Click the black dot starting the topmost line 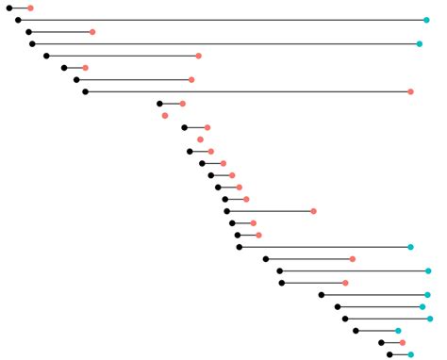pos(9,8)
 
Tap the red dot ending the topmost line pos(30,8)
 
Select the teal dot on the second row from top pos(427,20)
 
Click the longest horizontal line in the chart pos(223,20)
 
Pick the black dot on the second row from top pos(18,20)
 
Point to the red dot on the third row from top pos(92,32)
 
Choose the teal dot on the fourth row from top pos(420,43)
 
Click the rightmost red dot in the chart pos(410,91)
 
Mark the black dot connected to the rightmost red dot pos(85,91)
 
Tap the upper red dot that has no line pos(165,116)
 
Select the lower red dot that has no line pos(200,139)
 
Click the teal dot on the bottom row pos(410,354)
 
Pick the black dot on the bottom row pos(389,354)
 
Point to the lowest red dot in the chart pos(402,343)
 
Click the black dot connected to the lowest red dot pos(381,343)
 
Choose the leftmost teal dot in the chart pos(398,331)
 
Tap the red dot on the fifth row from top pos(198,56)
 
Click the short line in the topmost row pos(20,8)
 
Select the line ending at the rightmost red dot pos(247,91)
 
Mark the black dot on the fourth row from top pos(32,43)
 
